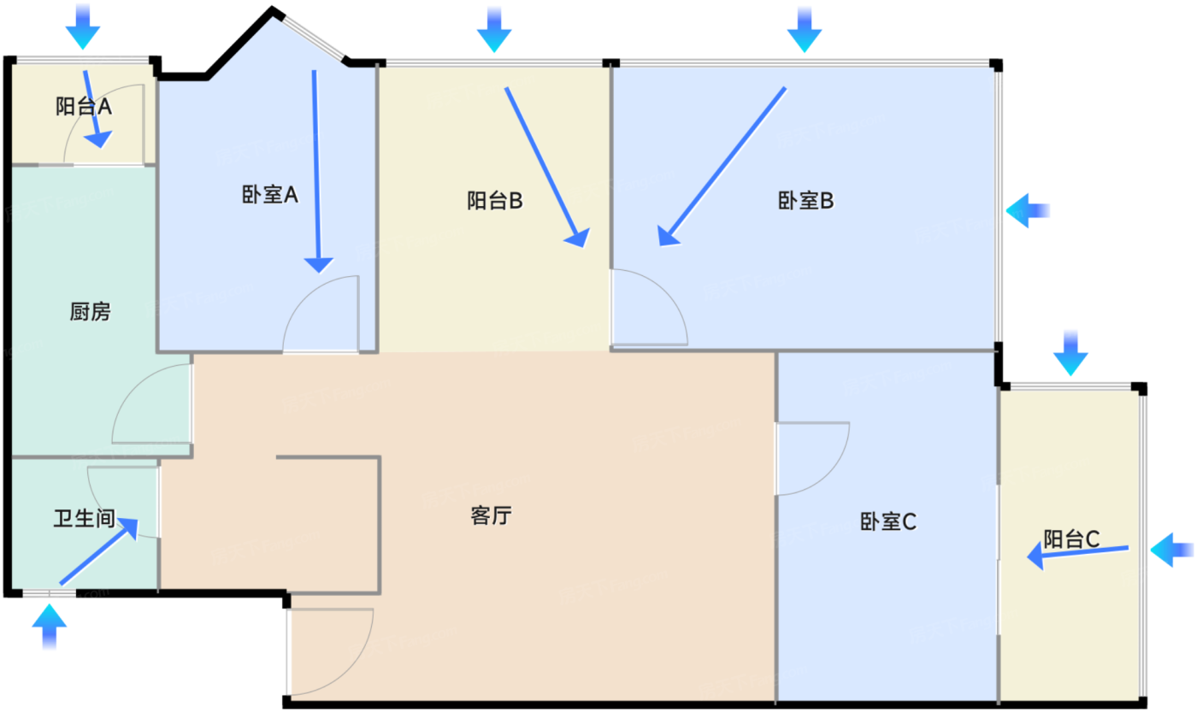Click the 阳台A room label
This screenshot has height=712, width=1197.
click(x=84, y=107)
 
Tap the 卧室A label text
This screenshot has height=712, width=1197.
click(x=269, y=196)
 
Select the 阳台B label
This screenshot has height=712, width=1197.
click(x=495, y=202)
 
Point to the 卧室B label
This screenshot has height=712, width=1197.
click(x=805, y=202)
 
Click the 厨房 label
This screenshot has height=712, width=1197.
click(x=90, y=312)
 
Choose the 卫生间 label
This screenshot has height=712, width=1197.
click(x=84, y=519)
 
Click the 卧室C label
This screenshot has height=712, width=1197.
click(x=888, y=521)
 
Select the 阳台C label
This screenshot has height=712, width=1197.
click(x=1071, y=539)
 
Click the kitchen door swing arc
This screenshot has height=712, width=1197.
click(x=150, y=403)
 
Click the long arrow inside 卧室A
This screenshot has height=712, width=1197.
click(x=316, y=171)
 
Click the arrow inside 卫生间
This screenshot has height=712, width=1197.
click(x=98, y=552)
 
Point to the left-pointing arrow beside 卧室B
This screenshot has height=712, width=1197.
click(x=1028, y=210)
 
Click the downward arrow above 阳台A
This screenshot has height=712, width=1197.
click(x=83, y=26)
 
